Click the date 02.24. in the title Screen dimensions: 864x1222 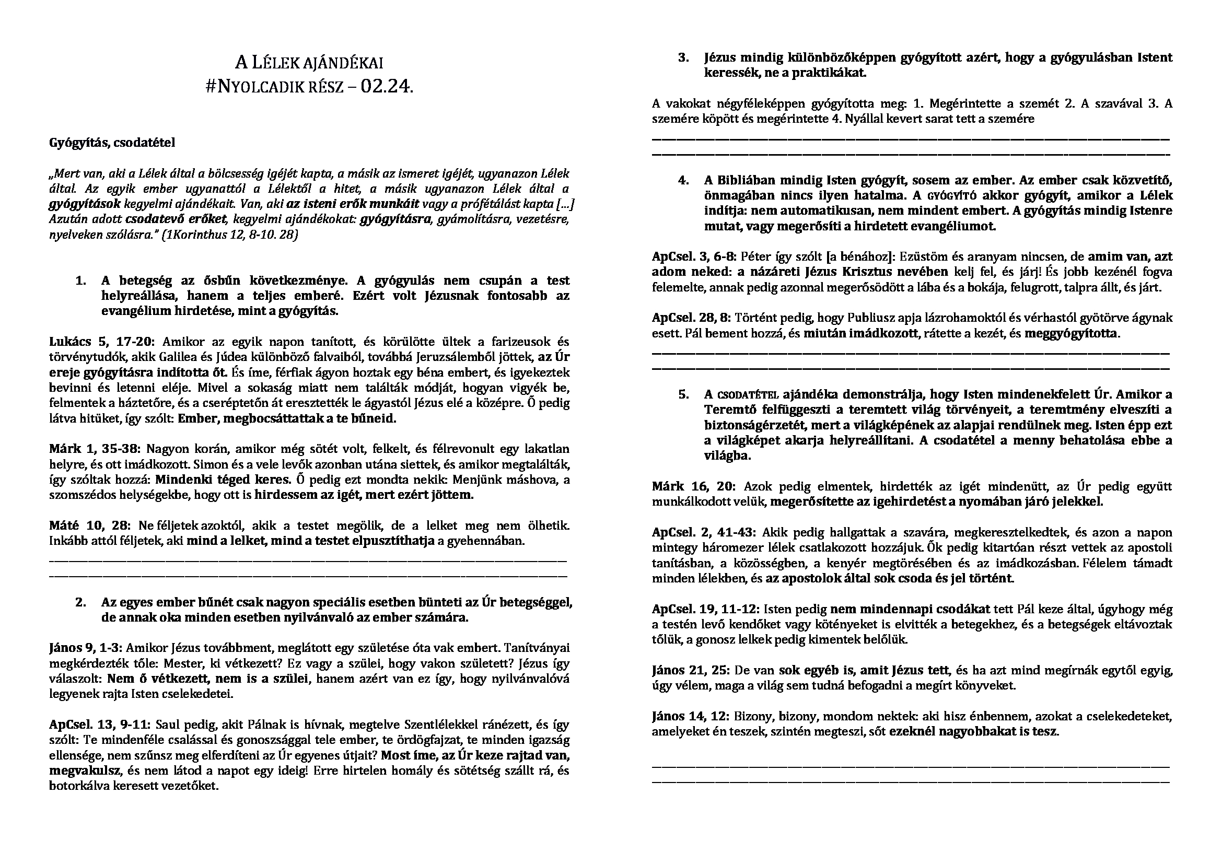pos(386,87)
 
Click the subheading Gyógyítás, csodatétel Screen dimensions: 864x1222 pos(112,143)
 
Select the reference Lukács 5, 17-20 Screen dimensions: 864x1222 pos(101,342)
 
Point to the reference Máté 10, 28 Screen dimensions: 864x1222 pos(89,526)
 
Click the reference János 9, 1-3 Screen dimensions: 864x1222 pos(86,648)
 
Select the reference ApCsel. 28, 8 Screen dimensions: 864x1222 pos(691,318)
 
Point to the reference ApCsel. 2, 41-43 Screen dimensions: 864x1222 pos(704,532)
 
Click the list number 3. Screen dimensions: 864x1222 pos(683,57)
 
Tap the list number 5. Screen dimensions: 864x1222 pos(683,395)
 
